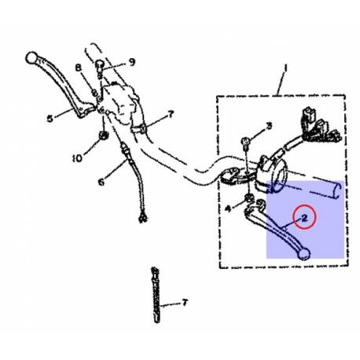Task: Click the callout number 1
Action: pos(285,68)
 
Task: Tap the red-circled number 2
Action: pos(304,218)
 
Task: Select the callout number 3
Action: pos(269,126)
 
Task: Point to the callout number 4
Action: pos(229,208)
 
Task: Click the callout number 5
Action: pos(50,119)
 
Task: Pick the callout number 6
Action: pos(101,182)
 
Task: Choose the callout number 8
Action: pos(79,68)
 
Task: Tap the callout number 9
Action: pos(132,62)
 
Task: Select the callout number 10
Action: pos(77,158)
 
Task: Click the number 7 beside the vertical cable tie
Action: pos(185,303)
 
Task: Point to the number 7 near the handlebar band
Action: pos(171,114)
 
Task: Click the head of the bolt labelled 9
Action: pos(100,64)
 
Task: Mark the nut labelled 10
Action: pos(104,135)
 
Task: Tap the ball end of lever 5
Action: pos(31,58)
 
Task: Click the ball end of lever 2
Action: pos(304,254)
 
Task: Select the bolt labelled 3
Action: pos(245,144)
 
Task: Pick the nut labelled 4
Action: pos(249,198)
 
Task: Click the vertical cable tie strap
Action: pos(156,295)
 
